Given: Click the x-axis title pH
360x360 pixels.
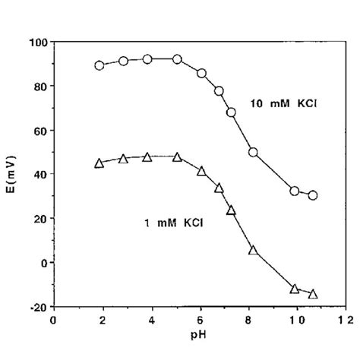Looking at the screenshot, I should pos(201,333).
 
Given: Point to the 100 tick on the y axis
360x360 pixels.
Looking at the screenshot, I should pos(36,42).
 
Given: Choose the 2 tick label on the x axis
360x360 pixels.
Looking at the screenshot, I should pos(102,319).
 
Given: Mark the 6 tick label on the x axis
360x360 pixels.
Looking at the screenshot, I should pos(201,319).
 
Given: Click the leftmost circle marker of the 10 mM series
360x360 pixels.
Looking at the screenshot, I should pos(99,65).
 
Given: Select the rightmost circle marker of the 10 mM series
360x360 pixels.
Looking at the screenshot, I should pos(313,195).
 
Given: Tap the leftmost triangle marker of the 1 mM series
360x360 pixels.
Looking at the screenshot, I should pos(99,163).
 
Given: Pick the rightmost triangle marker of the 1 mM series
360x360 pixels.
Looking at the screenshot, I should pos(313,294).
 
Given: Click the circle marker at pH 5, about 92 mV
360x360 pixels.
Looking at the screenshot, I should pos(177,59).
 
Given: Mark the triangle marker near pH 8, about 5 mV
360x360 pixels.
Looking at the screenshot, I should pos(254,251).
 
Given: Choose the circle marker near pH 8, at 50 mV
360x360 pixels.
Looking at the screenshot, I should pos(254,152).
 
